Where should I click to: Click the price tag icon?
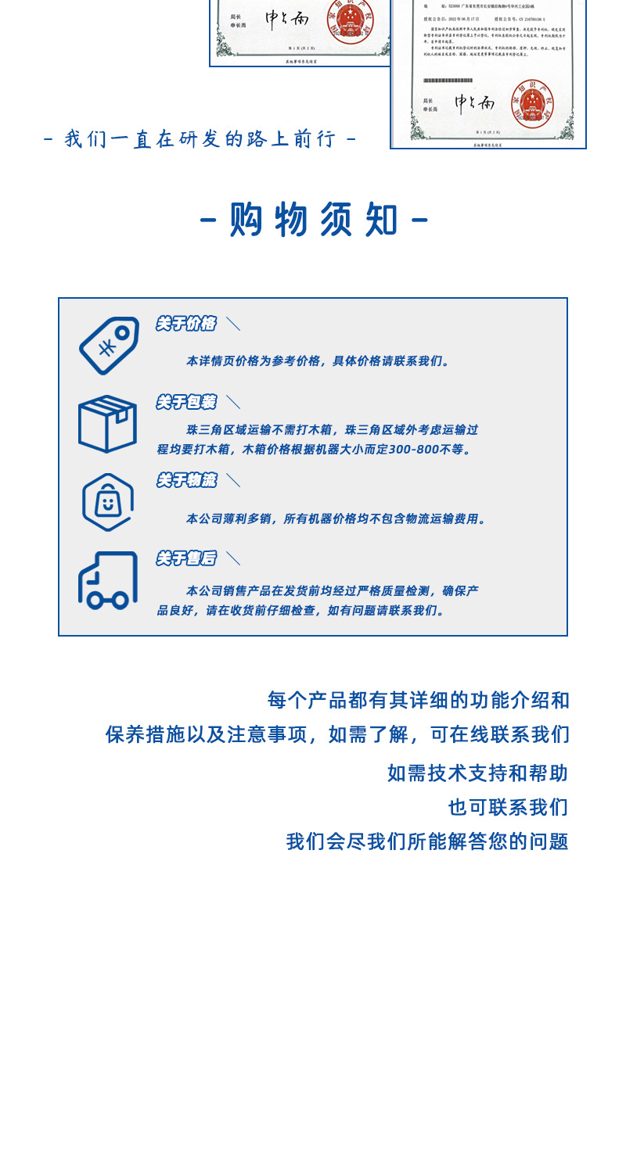click(109, 346)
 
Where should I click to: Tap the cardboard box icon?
click(107, 424)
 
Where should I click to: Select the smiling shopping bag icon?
click(107, 502)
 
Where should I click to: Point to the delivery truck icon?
click(107, 580)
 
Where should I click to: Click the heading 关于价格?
click(185, 324)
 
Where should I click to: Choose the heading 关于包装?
click(185, 402)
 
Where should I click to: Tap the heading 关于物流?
click(185, 480)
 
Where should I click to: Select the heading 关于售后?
click(185, 558)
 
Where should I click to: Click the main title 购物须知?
click(314, 220)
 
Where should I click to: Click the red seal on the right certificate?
click(532, 103)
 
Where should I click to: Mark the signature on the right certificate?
click(475, 102)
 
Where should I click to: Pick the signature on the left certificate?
click(286, 19)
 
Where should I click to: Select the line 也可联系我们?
click(508, 807)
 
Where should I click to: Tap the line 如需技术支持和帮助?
click(477, 773)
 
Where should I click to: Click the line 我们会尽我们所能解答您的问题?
click(427, 841)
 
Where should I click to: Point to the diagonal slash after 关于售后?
click(233, 558)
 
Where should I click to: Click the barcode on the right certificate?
click(448, 81)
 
